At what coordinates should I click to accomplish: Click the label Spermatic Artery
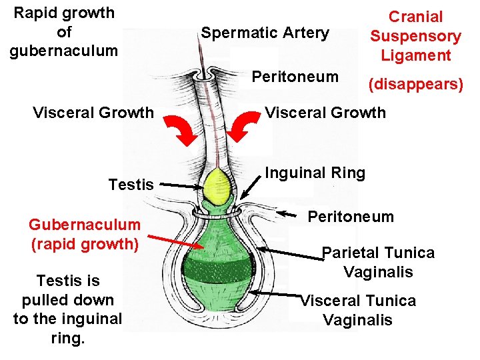click(265, 33)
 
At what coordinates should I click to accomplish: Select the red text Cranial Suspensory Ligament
click(415, 36)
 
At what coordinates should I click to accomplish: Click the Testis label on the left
click(131, 185)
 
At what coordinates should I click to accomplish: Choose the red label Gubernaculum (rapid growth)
click(85, 234)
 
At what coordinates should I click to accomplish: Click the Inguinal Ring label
click(315, 173)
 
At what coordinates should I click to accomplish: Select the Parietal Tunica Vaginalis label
click(378, 262)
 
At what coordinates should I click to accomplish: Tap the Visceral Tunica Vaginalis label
click(358, 310)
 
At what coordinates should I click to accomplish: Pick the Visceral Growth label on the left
click(93, 112)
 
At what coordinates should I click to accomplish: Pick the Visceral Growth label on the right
click(325, 112)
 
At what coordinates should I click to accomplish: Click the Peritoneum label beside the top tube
click(295, 77)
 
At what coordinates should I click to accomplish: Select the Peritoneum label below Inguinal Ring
click(351, 217)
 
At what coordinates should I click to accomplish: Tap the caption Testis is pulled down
click(68, 309)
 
